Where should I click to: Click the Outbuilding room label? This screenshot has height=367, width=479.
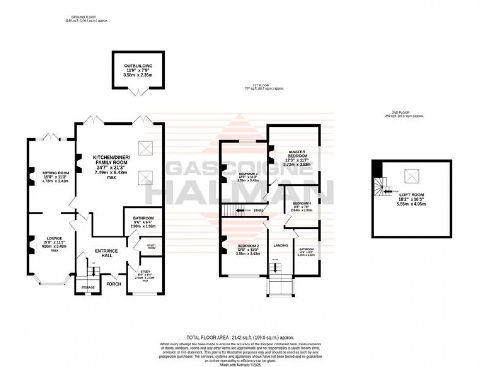(x=138, y=66)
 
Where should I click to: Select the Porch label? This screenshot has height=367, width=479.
(x=114, y=284)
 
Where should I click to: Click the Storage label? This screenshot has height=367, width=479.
(x=87, y=287)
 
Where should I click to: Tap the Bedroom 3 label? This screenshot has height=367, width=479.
(x=248, y=173)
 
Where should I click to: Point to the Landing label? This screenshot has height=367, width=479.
(x=281, y=245)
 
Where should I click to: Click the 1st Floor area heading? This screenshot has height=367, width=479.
(x=264, y=88)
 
